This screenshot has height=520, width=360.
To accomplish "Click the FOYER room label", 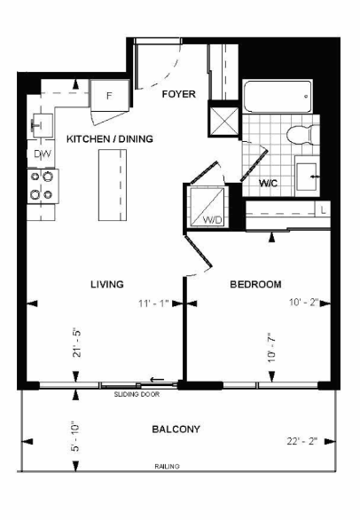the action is click(x=179, y=94).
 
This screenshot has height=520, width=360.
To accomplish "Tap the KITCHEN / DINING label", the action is click(x=110, y=138).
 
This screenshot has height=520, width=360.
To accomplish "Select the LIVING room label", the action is click(x=107, y=284).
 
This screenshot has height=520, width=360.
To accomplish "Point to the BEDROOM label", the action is click(x=255, y=284).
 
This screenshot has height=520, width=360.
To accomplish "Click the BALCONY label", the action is click(x=176, y=429).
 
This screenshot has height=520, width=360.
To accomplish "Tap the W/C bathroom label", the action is click(x=268, y=183).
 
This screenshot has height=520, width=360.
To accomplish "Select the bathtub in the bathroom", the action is click(x=278, y=96).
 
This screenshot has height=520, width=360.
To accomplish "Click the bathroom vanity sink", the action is click(x=307, y=176).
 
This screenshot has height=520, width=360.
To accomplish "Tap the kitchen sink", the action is click(x=43, y=125).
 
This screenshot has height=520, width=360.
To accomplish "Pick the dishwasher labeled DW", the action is click(x=42, y=154).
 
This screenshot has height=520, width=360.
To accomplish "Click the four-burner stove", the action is click(x=43, y=185).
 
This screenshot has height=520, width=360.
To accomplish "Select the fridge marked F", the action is click(x=109, y=96).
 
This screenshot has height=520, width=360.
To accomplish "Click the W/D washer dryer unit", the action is click(x=207, y=207).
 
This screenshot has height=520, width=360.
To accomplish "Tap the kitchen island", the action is click(x=113, y=185).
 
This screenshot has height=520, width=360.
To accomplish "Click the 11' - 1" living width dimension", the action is click(x=153, y=303).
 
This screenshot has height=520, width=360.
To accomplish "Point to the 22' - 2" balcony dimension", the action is click(x=302, y=441).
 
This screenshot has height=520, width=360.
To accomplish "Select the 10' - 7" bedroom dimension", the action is click(x=272, y=348).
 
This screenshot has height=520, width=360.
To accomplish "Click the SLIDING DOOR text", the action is click(x=137, y=394).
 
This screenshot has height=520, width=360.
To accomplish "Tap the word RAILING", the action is click(x=167, y=466).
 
